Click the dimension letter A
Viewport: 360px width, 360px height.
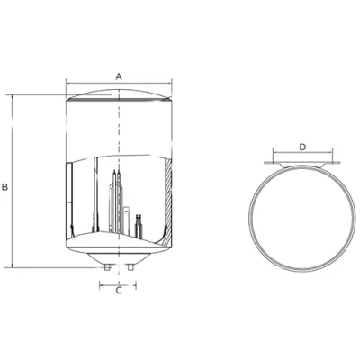[x=118, y=77]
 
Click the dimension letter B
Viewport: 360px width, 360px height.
[x=5, y=186]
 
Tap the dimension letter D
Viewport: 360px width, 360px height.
[x=302, y=146]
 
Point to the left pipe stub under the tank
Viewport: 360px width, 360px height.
[x=107, y=268]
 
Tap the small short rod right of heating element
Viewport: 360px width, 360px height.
[x=138, y=225]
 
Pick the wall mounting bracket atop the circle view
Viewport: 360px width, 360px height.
[x=302, y=163]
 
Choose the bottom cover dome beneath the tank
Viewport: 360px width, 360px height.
[x=118, y=253]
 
